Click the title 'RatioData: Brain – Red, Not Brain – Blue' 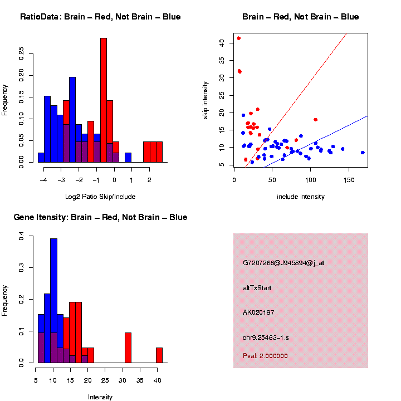(x=100, y=17)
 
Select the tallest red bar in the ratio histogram (x=104, y=100)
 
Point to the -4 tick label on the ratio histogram (x=44, y=180)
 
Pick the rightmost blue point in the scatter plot (x=363, y=152)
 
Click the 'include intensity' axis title (x=301, y=197)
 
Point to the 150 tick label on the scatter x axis (x=349, y=180)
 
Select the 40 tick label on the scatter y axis (x=222, y=42)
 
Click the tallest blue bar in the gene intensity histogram (x=54, y=301)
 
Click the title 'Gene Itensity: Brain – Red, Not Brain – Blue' (x=100, y=217)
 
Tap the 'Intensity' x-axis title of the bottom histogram (x=100, y=397)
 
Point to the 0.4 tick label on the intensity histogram (x=22, y=237)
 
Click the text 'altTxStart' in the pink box (x=257, y=288)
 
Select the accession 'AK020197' (x=259, y=312)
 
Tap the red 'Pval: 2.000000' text (x=265, y=356)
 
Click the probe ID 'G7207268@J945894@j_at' (x=283, y=263)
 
